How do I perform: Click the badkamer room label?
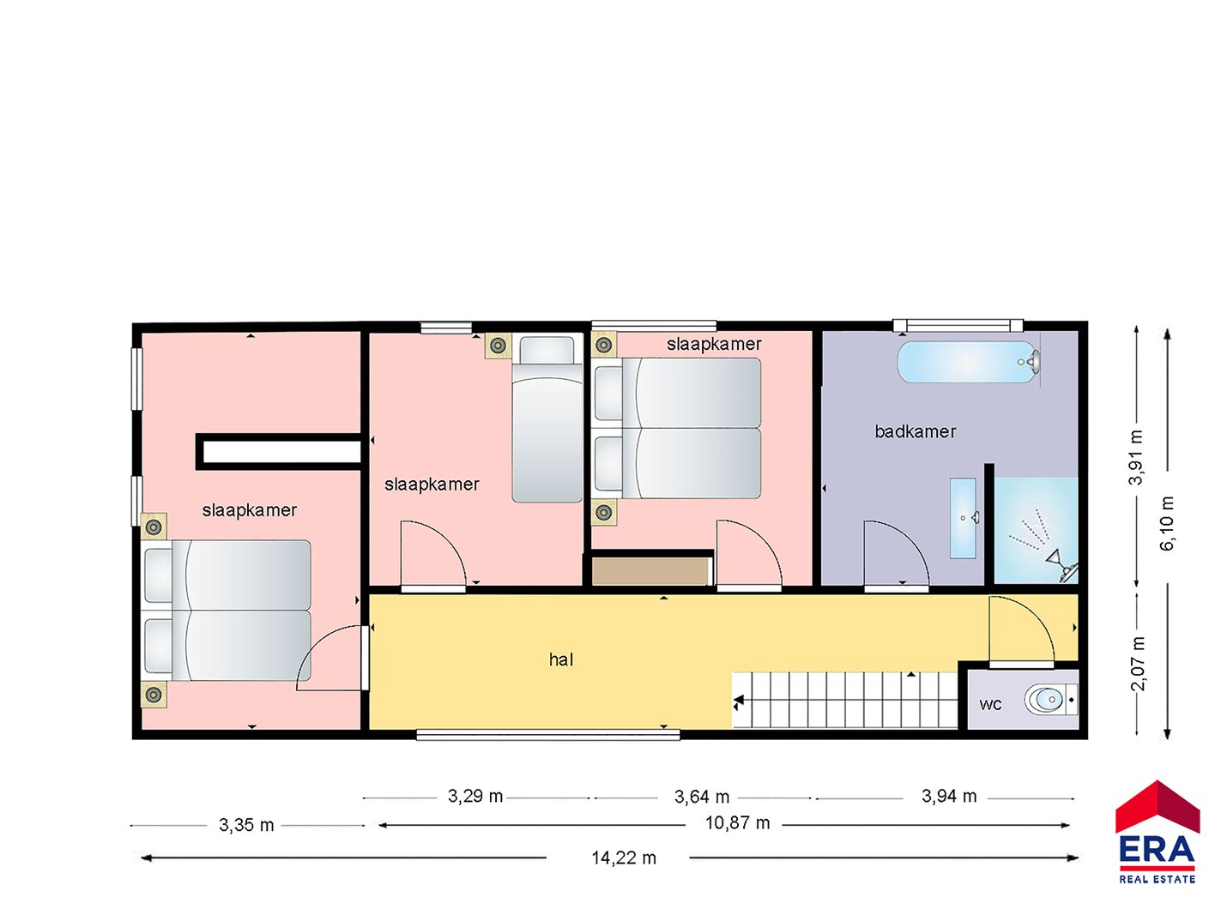[x=915, y=431]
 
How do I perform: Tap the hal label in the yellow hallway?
[x=560, y=659]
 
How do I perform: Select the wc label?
[x=990, y=705]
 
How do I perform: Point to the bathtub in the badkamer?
[x=969, y=362]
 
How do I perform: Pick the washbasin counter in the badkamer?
[x=963, y=518]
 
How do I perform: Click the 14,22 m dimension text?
[x=624, y=859]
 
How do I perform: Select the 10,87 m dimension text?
[x=737, y=823]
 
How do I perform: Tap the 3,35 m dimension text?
[x=246, y=826]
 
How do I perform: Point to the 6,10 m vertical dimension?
[x=1166, y=523]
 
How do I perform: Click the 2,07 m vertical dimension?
[x=1138, y=663]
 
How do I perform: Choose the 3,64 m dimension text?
[x=701, y=798]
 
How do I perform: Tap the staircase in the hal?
[x=844, y=700]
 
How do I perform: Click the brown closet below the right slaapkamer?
[x=651, y=572]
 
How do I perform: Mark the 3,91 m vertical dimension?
[x=1136, y=458]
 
